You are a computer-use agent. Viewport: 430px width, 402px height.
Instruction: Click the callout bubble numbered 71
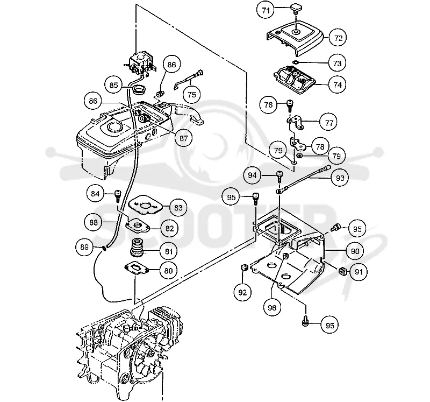(266, 11)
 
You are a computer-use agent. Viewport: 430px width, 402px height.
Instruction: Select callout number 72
(338, 38)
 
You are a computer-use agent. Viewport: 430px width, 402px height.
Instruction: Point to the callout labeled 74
(338, 84)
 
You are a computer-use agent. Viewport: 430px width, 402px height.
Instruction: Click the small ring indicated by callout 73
(296, 62)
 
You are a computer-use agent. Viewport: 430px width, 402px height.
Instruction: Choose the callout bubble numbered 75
(192, 95)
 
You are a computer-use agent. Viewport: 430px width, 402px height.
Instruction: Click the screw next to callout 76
(289, 105)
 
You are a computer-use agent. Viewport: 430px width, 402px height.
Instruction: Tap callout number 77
(329, 123)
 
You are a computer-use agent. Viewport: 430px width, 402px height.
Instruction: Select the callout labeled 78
(320, 146)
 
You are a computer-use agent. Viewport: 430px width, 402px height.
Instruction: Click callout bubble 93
(340, 178)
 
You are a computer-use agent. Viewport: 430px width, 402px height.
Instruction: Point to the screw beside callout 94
(279, 176)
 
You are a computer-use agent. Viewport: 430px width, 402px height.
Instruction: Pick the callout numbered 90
(355, 251)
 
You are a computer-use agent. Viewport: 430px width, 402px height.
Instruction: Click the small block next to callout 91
(343, 271)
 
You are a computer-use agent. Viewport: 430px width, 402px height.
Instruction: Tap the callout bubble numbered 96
(272, 307)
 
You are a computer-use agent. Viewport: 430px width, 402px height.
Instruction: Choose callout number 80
(168, 271)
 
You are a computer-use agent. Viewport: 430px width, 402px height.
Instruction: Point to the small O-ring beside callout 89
(104, 249)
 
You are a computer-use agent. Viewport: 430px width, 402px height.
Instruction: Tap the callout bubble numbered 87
(183, 138)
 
